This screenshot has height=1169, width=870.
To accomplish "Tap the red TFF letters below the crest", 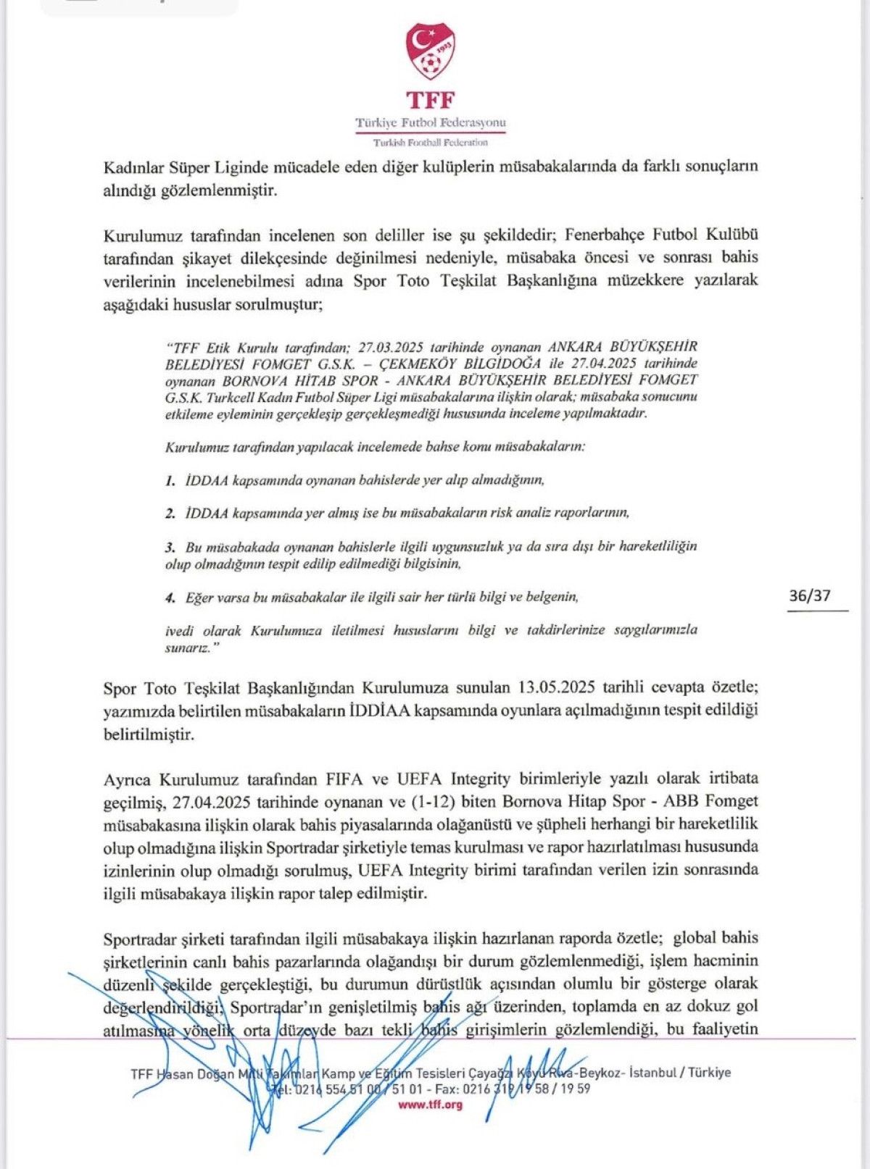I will tap(430, 100).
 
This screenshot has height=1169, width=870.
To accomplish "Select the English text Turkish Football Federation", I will tap(430, 143).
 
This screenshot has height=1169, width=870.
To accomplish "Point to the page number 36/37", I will tap(810, 596).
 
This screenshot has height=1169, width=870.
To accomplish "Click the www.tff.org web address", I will tap(430, 1104).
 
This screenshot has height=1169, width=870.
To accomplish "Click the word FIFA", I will tap(346, 779).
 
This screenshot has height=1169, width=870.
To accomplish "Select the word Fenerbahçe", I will tap(605, 235).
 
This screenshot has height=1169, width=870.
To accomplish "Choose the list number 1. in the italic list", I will tap(170, 480).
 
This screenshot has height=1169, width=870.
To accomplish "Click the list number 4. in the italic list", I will tap(170, 598).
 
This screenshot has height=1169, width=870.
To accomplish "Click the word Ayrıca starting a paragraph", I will tap(128, 779).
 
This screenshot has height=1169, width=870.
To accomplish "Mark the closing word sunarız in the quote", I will tap(186, 648).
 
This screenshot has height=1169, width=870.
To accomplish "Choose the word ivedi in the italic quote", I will tap(180, 630).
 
